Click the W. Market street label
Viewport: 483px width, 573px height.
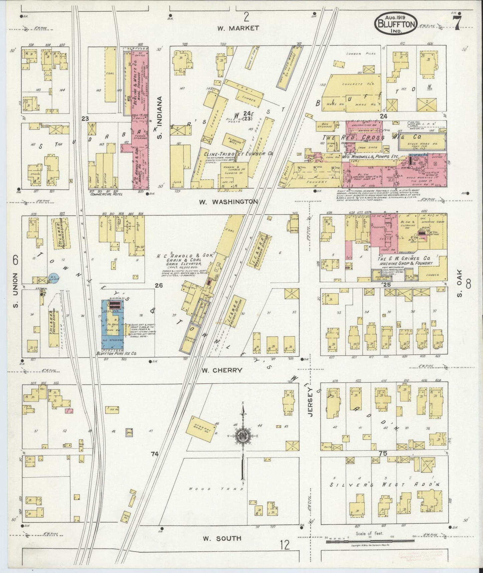238,28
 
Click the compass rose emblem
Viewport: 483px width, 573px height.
243,436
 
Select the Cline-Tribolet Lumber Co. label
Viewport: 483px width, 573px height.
239,154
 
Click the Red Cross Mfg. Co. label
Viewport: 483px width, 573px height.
371,137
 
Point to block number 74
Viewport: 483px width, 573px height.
154,454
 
